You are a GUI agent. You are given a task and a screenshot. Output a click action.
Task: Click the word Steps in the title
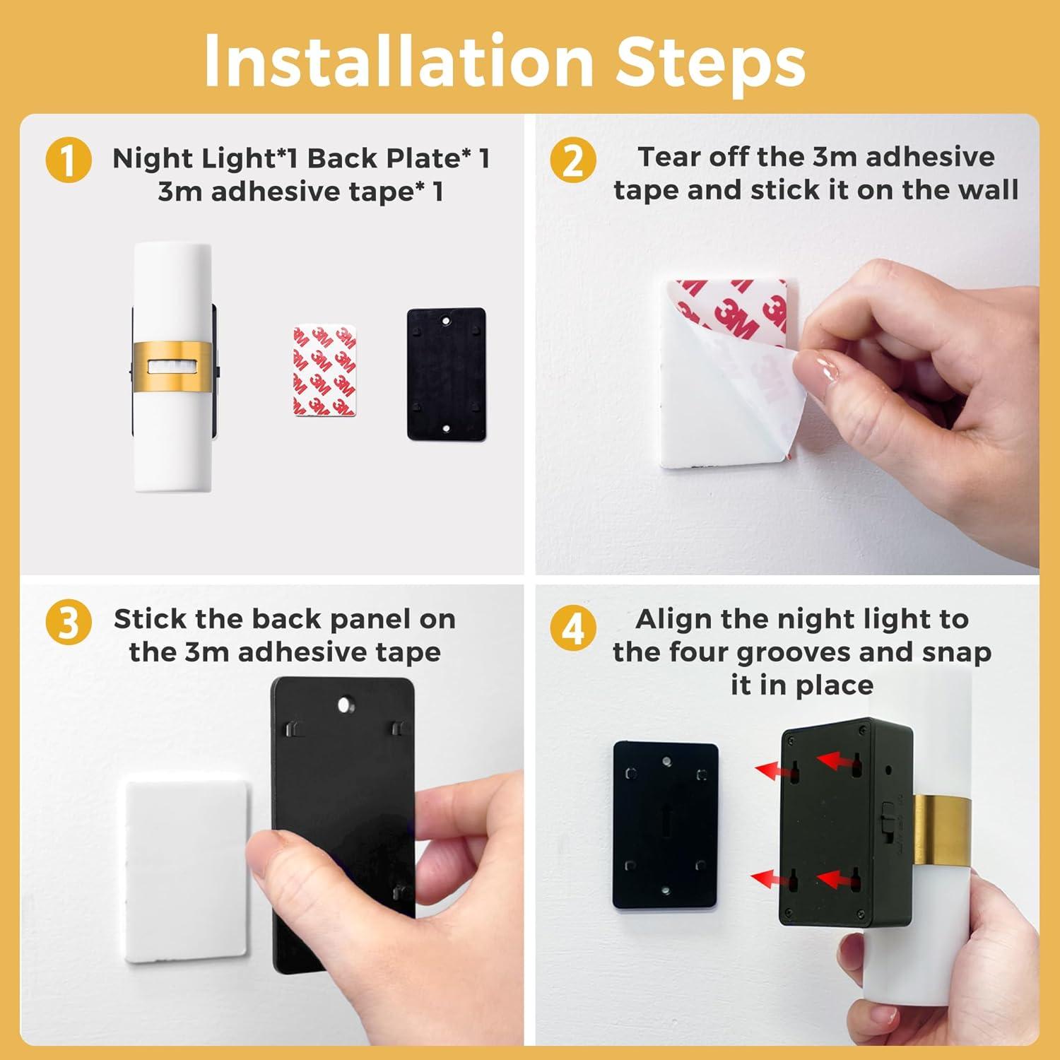(x=710, y=61)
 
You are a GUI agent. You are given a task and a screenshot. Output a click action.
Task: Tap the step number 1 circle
(x=69, y=161)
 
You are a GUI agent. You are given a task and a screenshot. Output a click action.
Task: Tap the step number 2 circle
(x=573, y=160)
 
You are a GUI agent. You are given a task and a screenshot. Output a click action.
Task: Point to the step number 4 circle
(x=573, y=627)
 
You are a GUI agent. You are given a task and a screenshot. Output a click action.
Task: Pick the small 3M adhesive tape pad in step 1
(x=325, y=370)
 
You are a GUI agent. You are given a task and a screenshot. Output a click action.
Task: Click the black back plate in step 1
(x=446, y=373)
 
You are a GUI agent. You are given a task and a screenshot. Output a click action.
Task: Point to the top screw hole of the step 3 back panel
(x=345, y=705)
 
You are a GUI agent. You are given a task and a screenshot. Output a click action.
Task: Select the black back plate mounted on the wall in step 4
(x=665, y=826)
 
